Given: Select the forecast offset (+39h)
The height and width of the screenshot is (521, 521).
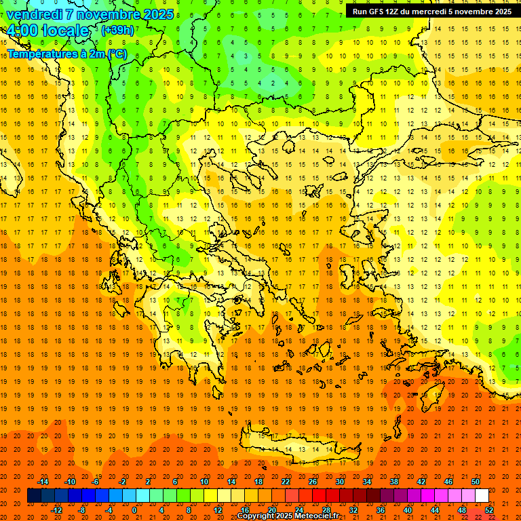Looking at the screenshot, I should [x=117, y=31].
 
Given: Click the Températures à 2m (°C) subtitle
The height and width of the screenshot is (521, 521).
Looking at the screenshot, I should [x=66, y=54].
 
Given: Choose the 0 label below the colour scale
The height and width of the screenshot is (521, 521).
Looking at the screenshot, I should [x=134, y=509].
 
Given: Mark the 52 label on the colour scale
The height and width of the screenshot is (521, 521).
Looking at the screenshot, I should [x=489, y=509].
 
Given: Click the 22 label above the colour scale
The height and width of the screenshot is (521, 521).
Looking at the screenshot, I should [x=286, y=482].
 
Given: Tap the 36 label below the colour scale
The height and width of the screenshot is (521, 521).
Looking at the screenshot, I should [x=381, y=509].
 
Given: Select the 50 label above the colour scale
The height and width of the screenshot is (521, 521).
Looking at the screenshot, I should [x=475, y=482].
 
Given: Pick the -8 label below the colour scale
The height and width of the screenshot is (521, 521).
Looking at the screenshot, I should [x=81, y=509].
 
